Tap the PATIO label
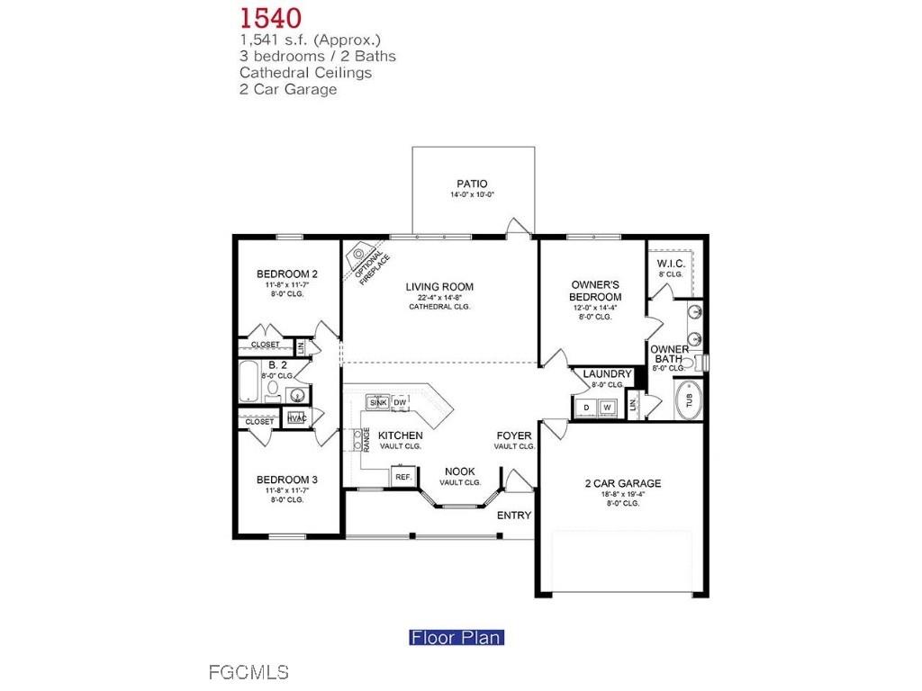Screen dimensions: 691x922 coord(472,184)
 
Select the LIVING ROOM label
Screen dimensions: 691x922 coord(439,287)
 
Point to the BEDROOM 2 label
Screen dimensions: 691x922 coord(287,274)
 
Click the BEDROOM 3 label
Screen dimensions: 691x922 coord(287,480)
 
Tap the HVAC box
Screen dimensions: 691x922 coord(296,418)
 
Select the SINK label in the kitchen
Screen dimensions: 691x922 coord(378,402)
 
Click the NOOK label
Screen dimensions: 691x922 coord(460,471)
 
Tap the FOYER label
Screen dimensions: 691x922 coord(514,435)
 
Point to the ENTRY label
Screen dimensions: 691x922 coord(514,516)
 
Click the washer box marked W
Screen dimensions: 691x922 coord(609,408)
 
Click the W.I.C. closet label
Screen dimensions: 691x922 coord(672,263)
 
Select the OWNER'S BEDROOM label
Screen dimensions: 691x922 coord(596,291)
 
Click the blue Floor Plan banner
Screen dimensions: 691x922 coord(456,638)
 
